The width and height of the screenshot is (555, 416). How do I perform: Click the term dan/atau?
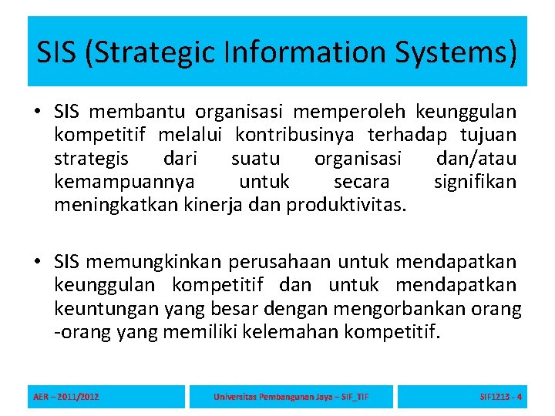point(476,159)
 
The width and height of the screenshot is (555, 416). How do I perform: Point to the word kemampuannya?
point(124,183)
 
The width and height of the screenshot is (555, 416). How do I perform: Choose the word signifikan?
point(475,183)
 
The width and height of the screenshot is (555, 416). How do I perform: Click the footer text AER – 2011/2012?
point(66,398)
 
